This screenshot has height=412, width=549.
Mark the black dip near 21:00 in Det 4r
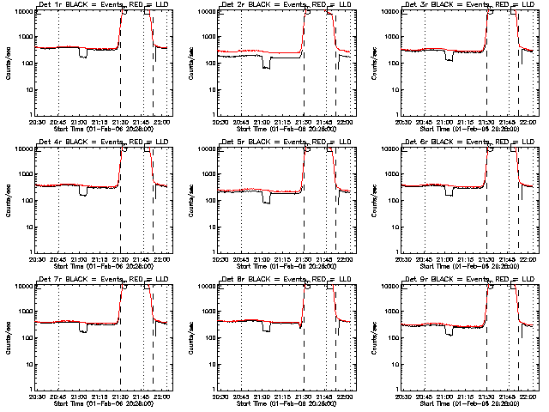(x=83, y=191)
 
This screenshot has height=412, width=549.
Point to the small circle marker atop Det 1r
(x=125, y=13)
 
